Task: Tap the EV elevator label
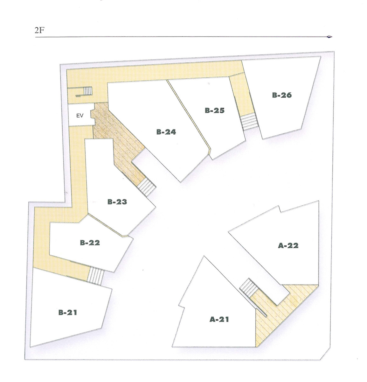point(80,116)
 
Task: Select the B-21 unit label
point(68,313)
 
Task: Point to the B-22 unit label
point(90,243)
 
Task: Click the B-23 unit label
point(117,202)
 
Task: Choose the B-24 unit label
point(166,132)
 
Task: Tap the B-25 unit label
point(214,111)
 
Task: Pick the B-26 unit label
point(282,95)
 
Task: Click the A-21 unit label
point(219,319)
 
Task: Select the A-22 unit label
point(288,245)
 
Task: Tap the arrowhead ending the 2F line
point(329,37)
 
